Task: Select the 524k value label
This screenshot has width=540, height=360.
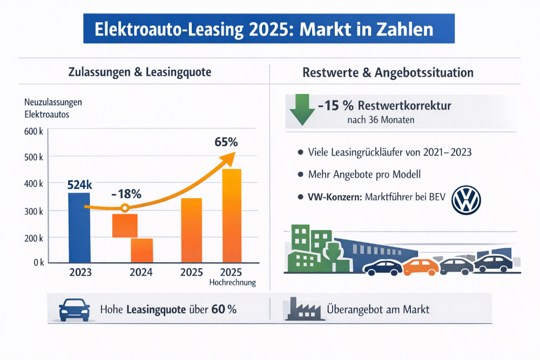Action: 80,185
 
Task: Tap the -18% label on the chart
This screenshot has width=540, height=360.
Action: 126,193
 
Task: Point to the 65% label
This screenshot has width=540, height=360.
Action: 226,143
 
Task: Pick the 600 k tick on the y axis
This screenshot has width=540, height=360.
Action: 33,131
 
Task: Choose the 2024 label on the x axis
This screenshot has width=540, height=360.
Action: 141,272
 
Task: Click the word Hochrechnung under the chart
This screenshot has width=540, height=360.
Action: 232,283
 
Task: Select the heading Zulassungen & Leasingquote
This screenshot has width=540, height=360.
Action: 140,72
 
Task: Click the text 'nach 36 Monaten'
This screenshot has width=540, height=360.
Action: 381,120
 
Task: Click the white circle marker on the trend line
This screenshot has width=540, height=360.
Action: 125,208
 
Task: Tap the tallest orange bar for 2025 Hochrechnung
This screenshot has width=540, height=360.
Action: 232,216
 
